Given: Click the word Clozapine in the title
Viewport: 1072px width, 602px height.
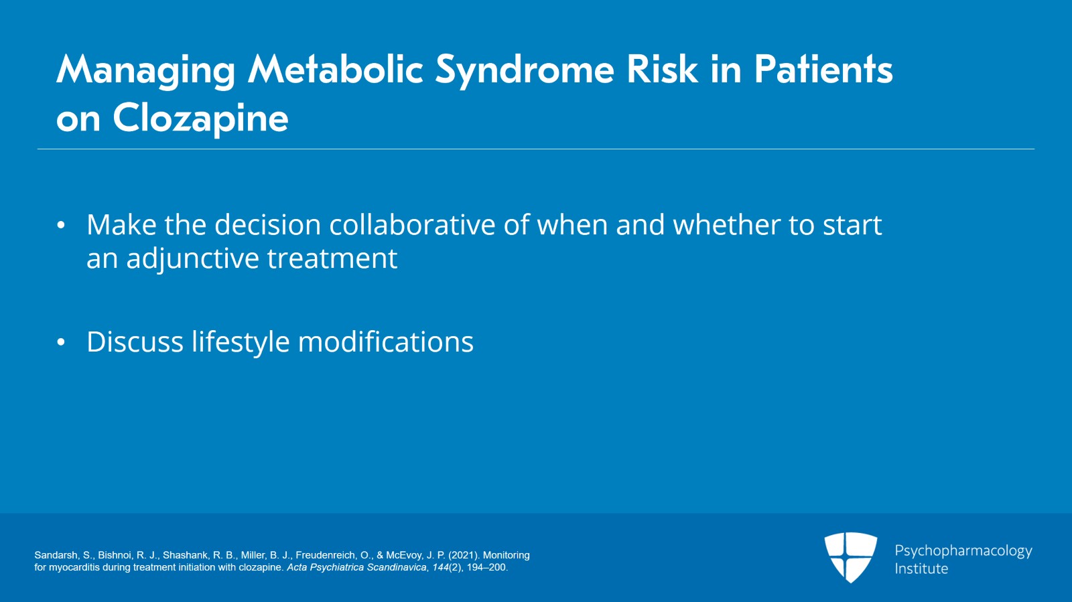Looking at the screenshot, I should [200, 119].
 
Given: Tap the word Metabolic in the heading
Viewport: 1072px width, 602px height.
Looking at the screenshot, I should [335, 70].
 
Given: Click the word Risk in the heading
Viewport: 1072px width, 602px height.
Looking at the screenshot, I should [662, 70].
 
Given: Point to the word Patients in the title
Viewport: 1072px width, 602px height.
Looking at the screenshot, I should [823, 70].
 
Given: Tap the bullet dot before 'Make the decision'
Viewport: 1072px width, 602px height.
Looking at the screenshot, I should [61, 226].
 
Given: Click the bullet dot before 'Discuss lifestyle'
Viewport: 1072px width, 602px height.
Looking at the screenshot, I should [61, 343].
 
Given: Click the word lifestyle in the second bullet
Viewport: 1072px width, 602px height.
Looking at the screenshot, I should [241, 342].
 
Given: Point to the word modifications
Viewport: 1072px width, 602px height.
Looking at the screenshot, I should [385, 342].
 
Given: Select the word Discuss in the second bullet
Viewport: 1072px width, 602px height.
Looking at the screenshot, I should [135, 342].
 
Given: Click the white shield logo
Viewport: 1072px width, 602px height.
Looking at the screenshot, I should [850, 556].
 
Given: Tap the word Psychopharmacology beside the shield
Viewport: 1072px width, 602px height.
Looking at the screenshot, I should [963, 551].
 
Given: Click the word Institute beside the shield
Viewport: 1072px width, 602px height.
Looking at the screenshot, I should [921, 569].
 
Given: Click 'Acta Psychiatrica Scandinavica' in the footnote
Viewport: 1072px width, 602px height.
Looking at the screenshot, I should [356, 567].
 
